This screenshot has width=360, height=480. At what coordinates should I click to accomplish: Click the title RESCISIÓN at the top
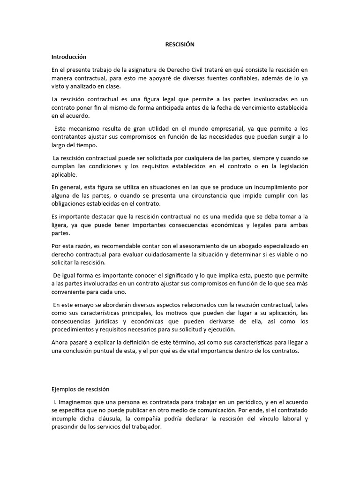pos(180,45)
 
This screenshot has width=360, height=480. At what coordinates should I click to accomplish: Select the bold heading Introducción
pos(69,57)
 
